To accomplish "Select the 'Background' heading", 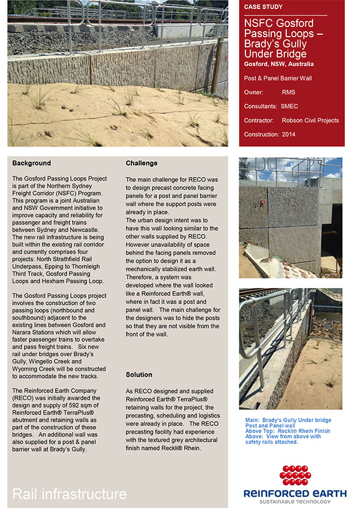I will coord(31,163).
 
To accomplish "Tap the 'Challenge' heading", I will coord(142,163).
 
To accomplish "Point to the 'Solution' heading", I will coord(139,375).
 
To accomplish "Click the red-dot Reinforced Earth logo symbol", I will coord(295,475).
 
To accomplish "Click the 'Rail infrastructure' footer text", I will coord(70,494).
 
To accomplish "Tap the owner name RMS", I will coord(288,92).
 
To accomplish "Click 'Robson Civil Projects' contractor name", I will coord(310,120).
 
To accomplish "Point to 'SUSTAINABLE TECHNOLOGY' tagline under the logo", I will coord(295,502).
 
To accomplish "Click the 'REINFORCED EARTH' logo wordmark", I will coord(295,493).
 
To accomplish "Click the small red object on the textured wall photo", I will coord(262,203).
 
